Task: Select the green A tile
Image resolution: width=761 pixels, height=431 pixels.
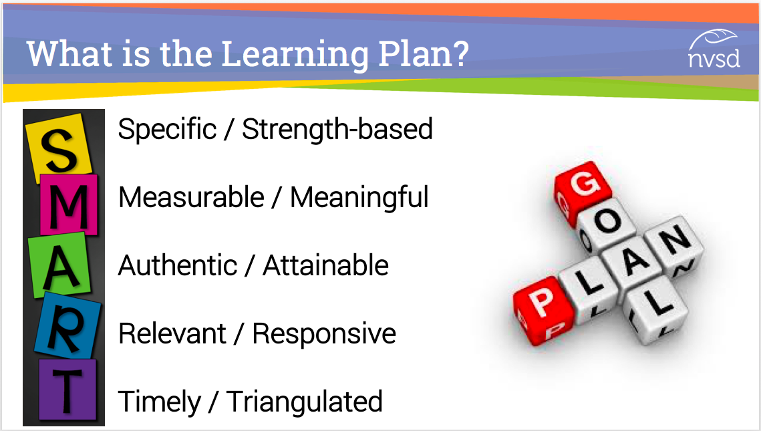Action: pos(59,265)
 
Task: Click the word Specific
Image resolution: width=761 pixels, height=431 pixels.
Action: pos(167,130)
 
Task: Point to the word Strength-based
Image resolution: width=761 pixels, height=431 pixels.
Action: pos(337,129)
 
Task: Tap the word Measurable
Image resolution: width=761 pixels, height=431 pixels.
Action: pos(190,197)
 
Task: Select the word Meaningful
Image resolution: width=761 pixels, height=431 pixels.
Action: pos(359,198)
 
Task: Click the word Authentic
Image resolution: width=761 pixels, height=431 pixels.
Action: pos(178,265)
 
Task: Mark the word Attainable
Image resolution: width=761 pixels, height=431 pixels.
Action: pos(325,265)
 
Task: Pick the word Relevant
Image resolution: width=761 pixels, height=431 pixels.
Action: pos(172,334)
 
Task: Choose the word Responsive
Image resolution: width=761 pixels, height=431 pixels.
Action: pos(324,334)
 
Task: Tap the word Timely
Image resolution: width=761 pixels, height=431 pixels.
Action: pos(159,402)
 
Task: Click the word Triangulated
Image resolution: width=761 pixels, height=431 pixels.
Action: pos(304,402)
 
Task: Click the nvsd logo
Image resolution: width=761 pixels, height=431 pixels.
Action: pos(714,49)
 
